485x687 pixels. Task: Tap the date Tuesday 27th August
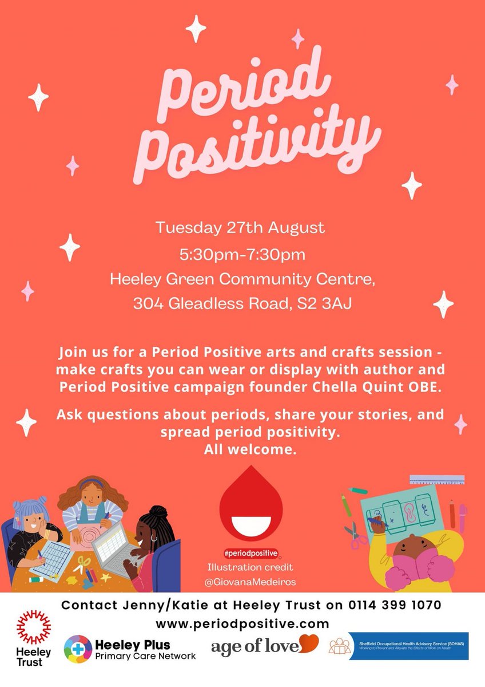point(240,227)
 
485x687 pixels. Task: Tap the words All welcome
point(251,449)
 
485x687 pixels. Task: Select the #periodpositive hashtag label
point(251,553)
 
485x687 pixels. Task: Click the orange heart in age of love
point(309,644)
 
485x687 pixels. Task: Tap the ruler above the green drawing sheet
point(437,480)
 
